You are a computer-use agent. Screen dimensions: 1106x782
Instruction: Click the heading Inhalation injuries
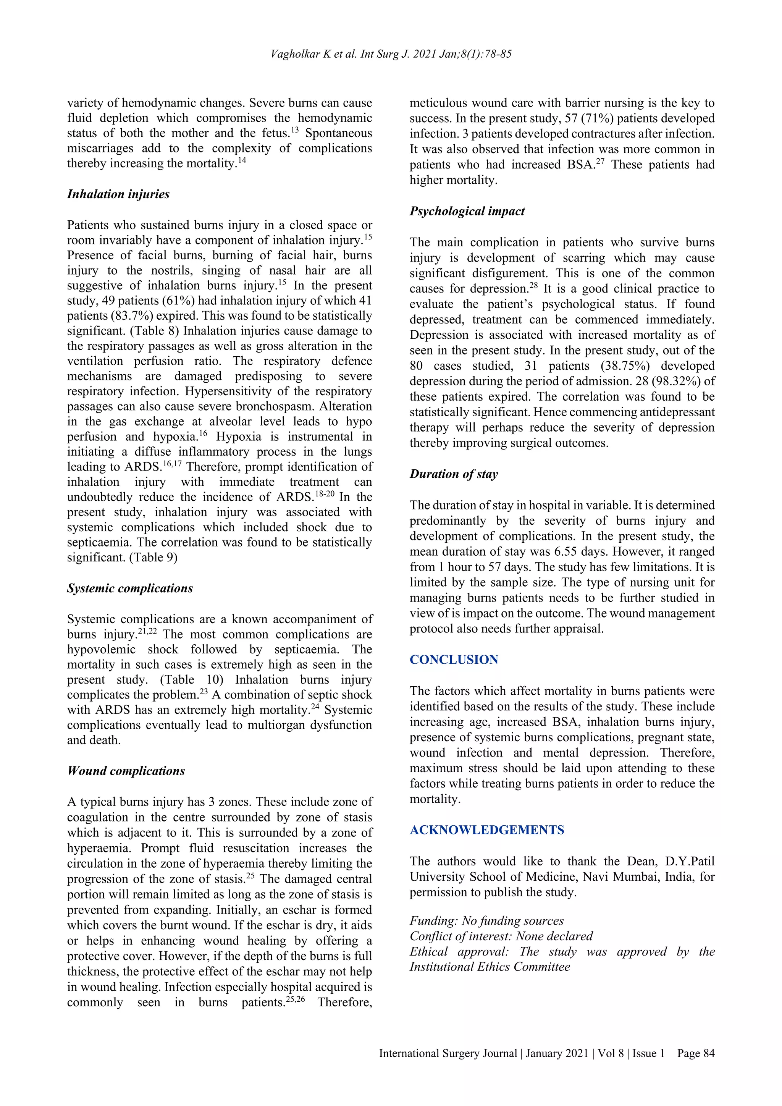click(118, 194)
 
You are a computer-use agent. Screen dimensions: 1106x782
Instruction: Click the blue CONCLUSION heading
click(454, 660)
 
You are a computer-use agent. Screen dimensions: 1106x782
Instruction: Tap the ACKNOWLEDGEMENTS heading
click(487, 829)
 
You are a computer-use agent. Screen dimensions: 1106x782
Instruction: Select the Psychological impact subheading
click(467, 211)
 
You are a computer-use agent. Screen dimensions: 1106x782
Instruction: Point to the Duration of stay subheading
click(454, 474)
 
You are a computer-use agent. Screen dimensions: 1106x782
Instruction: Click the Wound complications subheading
click(126, 771)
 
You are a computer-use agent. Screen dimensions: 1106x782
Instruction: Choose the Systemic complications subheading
click(129, 588)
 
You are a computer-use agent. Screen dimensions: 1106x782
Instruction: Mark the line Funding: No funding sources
click(486, 920)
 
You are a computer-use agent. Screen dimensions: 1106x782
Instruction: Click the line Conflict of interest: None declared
click(501, 936)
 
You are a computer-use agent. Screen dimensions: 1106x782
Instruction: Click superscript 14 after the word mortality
click(242, 160)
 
